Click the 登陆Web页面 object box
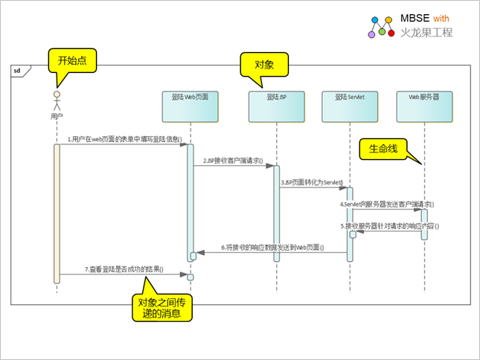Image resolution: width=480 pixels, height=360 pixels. point(191,106)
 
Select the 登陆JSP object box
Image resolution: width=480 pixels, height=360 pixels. point(276,106)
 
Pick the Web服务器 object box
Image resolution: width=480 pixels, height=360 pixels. point(423,106)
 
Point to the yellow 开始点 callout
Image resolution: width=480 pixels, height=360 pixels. point(72,60)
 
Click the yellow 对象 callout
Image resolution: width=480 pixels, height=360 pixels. point(264,65)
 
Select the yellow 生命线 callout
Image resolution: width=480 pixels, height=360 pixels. point(384,149)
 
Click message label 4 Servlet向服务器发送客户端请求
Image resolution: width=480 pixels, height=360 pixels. point(387,203)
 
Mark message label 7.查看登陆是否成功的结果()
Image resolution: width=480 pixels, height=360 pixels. point(124,269)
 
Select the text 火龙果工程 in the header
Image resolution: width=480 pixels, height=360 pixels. point(426,33)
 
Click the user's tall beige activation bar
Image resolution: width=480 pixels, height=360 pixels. point(56,213)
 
